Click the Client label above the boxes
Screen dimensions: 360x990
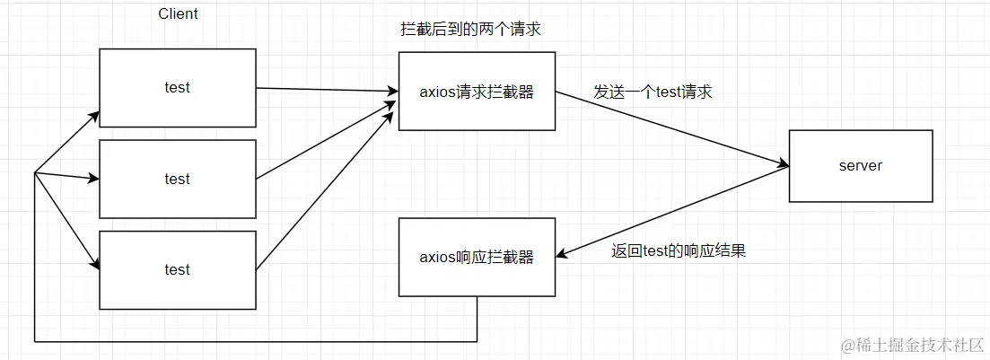[178, 14]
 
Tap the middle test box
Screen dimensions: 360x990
[177, 179]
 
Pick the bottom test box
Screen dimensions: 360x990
[177, 269]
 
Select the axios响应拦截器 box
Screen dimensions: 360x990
[477, 258]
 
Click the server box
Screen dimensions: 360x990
[860, 166]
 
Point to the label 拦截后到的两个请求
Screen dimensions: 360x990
[470, 30]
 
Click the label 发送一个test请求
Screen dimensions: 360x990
[653, 92]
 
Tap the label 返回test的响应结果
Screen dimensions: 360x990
[678, 250]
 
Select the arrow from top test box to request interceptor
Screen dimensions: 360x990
[328, 90]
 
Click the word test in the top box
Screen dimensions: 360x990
[177, 88]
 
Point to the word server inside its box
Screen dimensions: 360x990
[860, 166]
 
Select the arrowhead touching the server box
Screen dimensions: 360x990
[783, 165]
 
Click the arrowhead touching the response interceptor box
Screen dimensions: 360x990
[562, 255]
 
